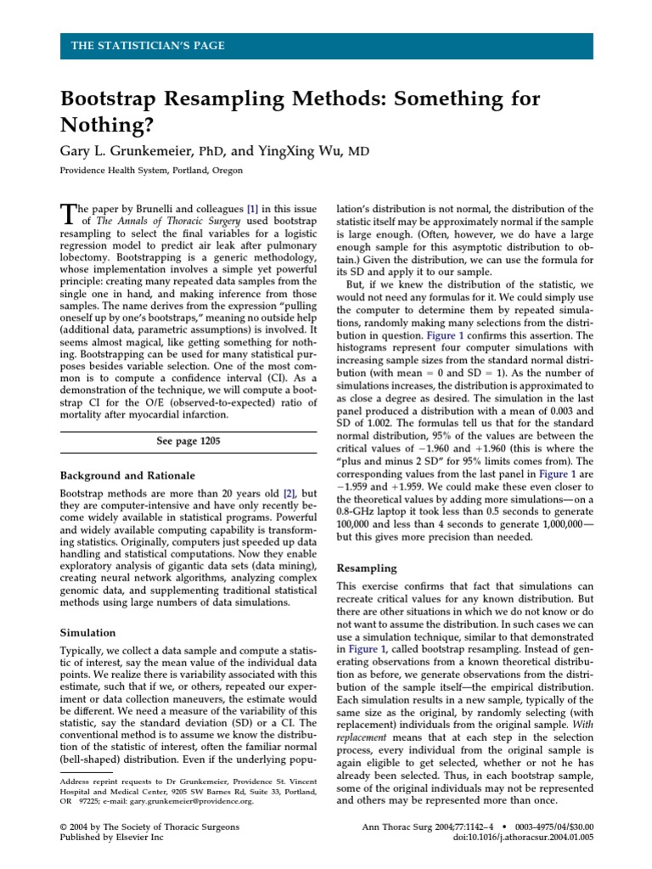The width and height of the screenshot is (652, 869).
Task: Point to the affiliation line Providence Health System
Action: [x=150, y=171]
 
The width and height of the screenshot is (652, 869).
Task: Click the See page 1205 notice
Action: [x=188, y=441]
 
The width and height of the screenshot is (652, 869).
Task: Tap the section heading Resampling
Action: [x=368, y=567]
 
